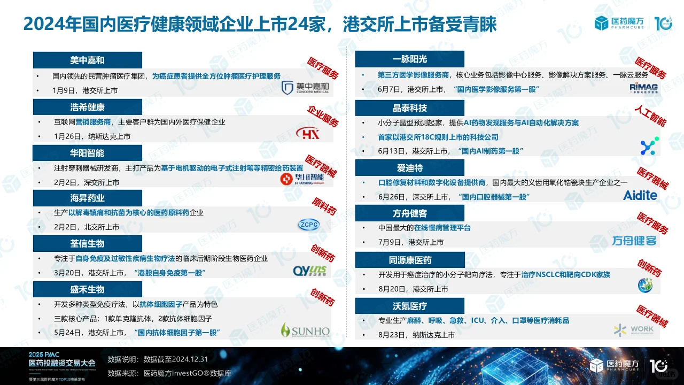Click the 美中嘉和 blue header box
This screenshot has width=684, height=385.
point(87,60)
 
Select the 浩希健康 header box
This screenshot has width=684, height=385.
point(87,107)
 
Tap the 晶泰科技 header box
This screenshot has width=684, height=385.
point(410,108)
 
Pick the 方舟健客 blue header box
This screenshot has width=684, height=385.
point(410,213)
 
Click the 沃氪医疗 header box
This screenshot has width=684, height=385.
point(410,306)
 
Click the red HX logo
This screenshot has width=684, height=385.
point(308,133)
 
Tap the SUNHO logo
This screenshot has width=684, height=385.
point(305,331)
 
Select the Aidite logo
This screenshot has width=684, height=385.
point(640,195)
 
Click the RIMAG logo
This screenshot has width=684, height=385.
point(643,88)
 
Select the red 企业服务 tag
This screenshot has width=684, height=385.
point(323,116)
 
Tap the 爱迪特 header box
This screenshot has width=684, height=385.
point(410,167)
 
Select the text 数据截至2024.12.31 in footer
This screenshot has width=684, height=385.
point(173,359)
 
